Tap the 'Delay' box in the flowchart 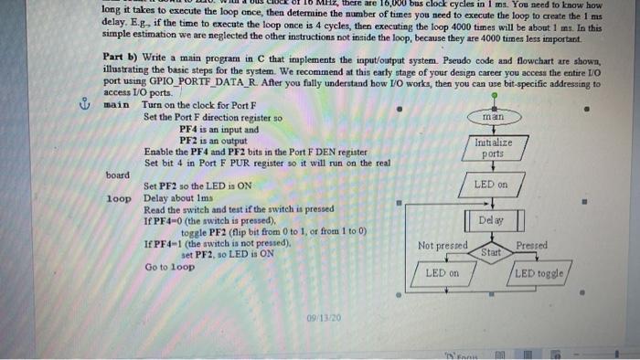pos(493,220)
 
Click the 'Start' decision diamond pos(492,251)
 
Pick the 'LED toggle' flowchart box pos(541,273)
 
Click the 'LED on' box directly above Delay pos(493,185)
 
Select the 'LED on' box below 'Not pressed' pos(442,273)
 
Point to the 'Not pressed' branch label pos(443,246)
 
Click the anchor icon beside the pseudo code pos(89,103)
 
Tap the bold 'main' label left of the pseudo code pos(117,104)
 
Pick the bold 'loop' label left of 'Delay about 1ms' pos(119,196)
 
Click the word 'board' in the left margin pos(117,174)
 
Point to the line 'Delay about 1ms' pos(184,196)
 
